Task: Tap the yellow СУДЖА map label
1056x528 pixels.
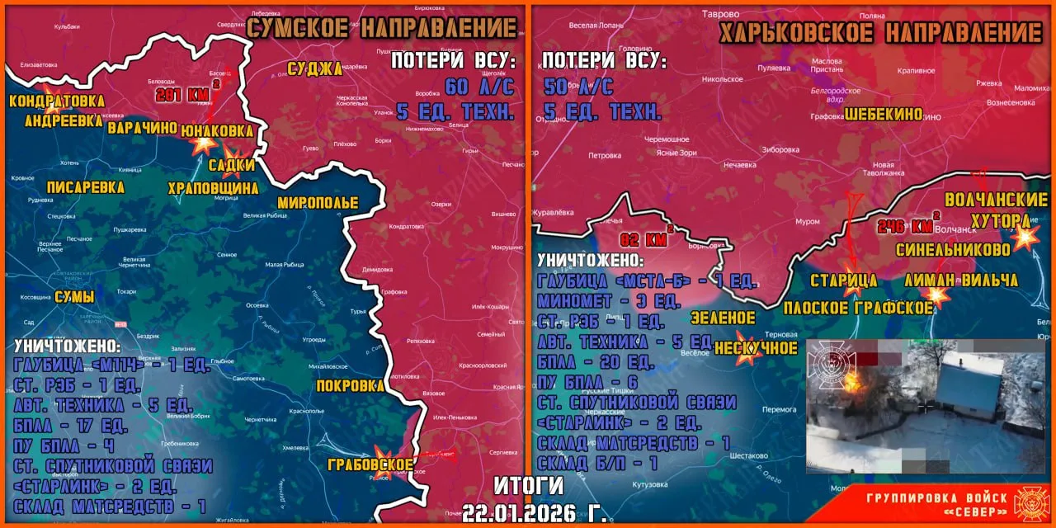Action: pyautogui.click(x=314, y=68)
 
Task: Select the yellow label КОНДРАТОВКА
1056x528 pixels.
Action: pyautogui.click(x=57, y=101)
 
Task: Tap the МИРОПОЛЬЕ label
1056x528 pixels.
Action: pyautogui.click(x=318, y=202)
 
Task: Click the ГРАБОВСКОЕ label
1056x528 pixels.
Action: pyautogui.click(x=370, y=464)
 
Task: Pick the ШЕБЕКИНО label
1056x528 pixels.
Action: pyautogui.click(x=884, y=115)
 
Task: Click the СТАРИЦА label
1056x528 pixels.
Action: pyautogui.click(x=843, y=280)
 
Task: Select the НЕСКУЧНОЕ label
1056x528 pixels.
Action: pyautogui.click(x=756, y=348)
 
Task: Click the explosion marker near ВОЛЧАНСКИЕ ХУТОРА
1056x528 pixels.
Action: pyautogui.click(x=1025, y=238)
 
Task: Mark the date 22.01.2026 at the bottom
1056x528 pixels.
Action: pyautogui.click(x=534, y=511)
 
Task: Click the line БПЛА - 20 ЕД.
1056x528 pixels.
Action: pyautogui.click(x=594, y=361)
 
